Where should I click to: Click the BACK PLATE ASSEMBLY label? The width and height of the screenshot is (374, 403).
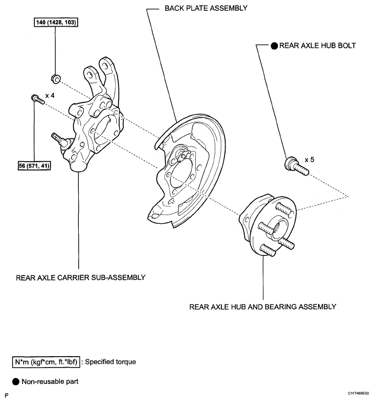205,8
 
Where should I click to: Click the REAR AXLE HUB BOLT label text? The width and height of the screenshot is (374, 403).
317,46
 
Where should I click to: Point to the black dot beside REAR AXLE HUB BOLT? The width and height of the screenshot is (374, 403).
274,46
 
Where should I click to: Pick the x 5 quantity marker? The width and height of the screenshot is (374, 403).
309,160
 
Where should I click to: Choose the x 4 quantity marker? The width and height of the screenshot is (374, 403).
50,96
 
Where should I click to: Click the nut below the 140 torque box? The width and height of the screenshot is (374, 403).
56,78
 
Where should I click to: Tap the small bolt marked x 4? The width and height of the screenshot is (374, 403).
38,100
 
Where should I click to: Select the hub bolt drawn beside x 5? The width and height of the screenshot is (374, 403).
296,166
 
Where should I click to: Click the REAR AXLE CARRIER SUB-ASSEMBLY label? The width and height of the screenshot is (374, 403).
80,278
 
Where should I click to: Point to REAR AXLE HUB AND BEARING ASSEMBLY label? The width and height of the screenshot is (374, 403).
263,307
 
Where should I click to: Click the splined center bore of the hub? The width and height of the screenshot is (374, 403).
279,228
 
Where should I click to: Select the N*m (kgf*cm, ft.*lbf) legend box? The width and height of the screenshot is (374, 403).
46,362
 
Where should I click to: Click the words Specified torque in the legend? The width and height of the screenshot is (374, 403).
110,362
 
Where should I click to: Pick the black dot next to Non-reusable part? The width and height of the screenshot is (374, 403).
16,382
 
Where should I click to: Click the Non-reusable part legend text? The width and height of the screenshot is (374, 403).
50,382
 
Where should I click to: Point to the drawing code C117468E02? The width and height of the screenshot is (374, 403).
358,394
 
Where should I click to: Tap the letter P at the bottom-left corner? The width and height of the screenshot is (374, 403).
7,395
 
